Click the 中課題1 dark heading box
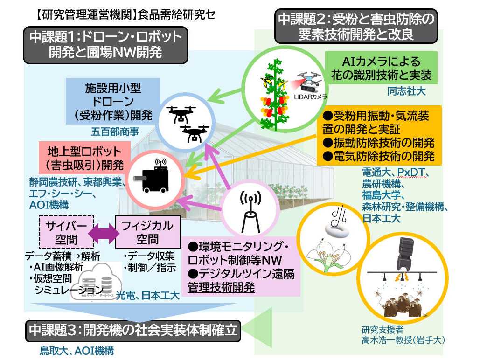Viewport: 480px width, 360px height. click(x=105, y=44)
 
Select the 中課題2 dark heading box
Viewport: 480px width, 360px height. click(x=356, y=27)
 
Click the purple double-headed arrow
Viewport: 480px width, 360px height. click(x=105, y=232)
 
